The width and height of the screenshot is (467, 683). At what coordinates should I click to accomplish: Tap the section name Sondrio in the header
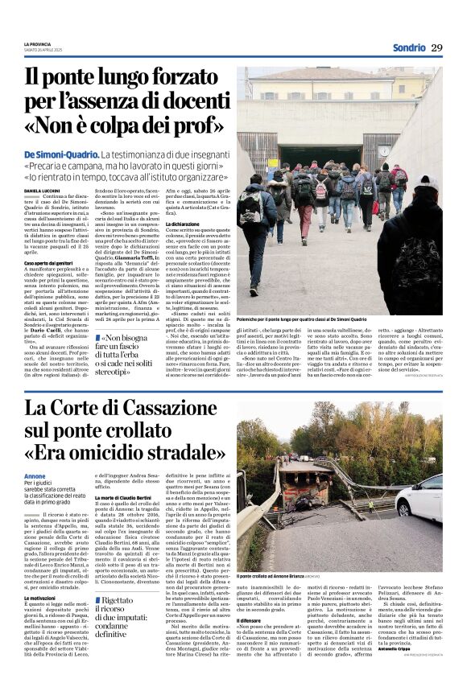pos(408,47)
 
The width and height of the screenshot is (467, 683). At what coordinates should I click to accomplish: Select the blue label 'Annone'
pos(35,476)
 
